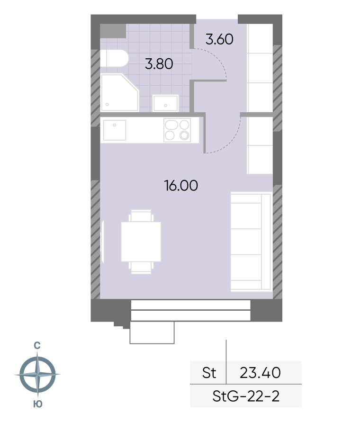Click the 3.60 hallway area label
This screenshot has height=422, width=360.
coord(219,39)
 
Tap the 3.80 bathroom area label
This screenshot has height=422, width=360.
coord(159,64)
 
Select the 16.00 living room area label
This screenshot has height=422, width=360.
coord(181,186)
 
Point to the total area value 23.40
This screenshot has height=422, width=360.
coord(260,373)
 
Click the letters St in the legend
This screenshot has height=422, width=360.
coord(209,373)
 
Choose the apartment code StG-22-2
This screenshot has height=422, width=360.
coord(246,396)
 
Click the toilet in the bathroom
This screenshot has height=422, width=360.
coord(114,58)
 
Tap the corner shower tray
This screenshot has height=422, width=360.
coord(119,92)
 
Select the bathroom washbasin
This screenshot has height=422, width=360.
coord(166,103)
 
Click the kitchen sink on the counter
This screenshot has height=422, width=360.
coord(115,130)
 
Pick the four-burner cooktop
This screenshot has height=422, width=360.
coord(177,130)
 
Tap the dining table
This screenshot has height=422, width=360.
coord(141,242)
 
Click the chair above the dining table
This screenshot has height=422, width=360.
coord(141,215)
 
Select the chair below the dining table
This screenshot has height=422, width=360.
coord(141,268)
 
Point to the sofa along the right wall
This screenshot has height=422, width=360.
coord(251,242)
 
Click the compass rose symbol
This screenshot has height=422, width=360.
coord(37,374)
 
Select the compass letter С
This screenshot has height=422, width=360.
coord(37,346)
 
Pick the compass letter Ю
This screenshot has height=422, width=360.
coord(38,404)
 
